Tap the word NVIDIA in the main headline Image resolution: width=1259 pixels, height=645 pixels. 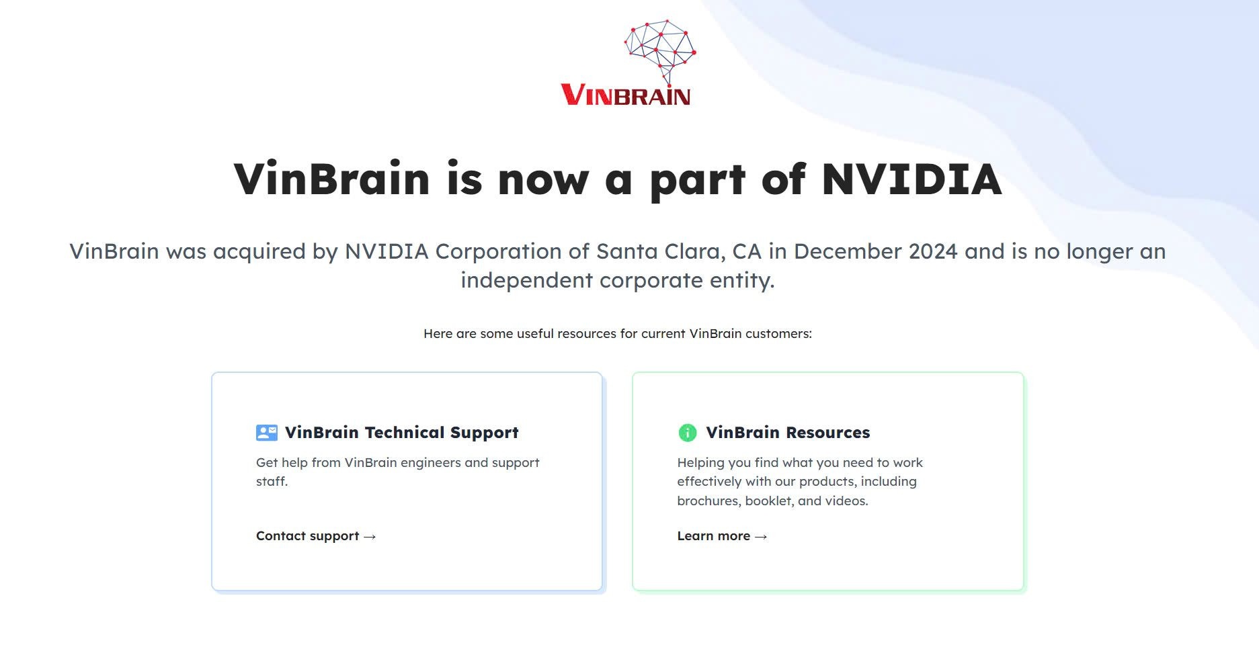coord(911,179)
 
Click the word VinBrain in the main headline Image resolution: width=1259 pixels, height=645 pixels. coord(331,179)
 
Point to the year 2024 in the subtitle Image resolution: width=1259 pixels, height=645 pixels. coord(932,251)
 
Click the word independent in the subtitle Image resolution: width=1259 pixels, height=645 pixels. coord(526,280)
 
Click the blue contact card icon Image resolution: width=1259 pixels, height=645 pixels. coord(267,433)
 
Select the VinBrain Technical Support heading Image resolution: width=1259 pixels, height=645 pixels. coord(401,433)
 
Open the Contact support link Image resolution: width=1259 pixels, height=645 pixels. coord(308,536)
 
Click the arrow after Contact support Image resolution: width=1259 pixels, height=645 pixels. coord(370,537)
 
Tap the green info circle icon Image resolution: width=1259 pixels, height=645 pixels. coord(688,433)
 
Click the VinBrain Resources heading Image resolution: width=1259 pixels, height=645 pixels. coord(788,433)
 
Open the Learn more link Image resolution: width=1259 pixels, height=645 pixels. coord(714,536)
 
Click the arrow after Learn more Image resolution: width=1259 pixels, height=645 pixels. coord(761,537)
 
